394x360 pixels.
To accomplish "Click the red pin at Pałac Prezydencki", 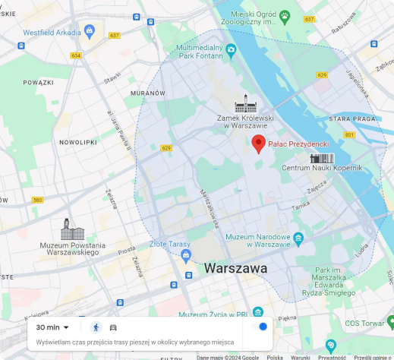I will click(x=258, y=144).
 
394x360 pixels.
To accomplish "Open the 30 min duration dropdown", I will click(x=52, y=327).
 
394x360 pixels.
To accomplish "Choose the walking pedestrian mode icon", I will click(x=96, y=327).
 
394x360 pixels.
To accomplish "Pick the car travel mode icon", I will click(x=113, y=327).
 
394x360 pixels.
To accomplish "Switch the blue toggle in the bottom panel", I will click(x=259, y=327).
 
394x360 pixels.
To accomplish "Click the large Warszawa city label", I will click(x=235, y=269).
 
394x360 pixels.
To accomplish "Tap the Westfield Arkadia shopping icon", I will click(x=90, y=32).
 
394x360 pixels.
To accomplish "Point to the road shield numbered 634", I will click(x=76, y=55).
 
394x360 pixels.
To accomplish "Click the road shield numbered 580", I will click(x=37, y=201).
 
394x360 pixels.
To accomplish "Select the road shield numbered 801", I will click(x=348, y=134).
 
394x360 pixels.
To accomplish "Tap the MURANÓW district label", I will click(x=147, y=93).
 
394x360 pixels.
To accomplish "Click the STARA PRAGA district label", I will click(x=353, y=119).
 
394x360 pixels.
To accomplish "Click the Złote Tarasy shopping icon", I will click(x=186, y=254).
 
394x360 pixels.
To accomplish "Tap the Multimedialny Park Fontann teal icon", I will click(x=232, y=50).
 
